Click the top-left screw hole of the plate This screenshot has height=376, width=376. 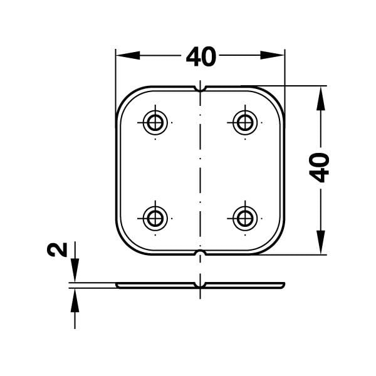[x=155, y=122]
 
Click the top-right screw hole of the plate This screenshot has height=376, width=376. [x=244, y=122]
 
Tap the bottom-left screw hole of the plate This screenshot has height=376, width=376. [x=155, y=218]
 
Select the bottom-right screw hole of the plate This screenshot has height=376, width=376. [x=244, y=218]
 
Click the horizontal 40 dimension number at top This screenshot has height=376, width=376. [x=201, y=57]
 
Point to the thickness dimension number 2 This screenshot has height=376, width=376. [x=57, y=250]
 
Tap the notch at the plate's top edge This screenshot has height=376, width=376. [x=200, y=88]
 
